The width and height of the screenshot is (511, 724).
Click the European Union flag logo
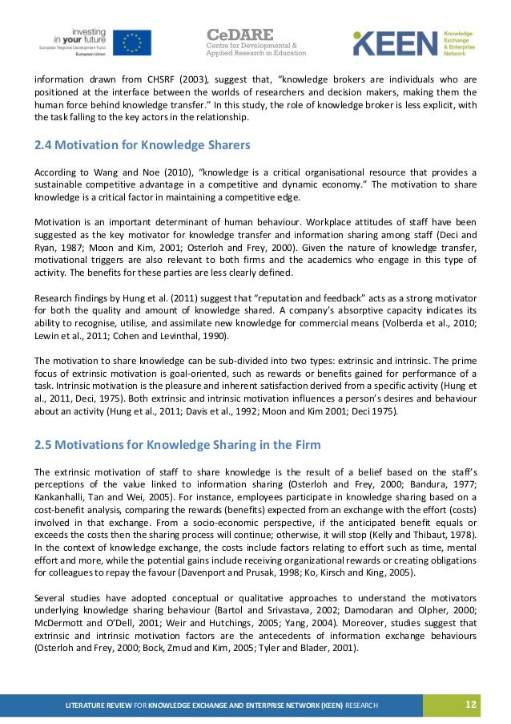(x=131, y=42)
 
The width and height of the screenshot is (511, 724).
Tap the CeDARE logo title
(x=240, y=34)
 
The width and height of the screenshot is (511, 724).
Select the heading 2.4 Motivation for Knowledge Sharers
(x=143, y=145)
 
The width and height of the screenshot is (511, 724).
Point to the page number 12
(x=471, y=704)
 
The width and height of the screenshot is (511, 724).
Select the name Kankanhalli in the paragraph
(x=62, y=495)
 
